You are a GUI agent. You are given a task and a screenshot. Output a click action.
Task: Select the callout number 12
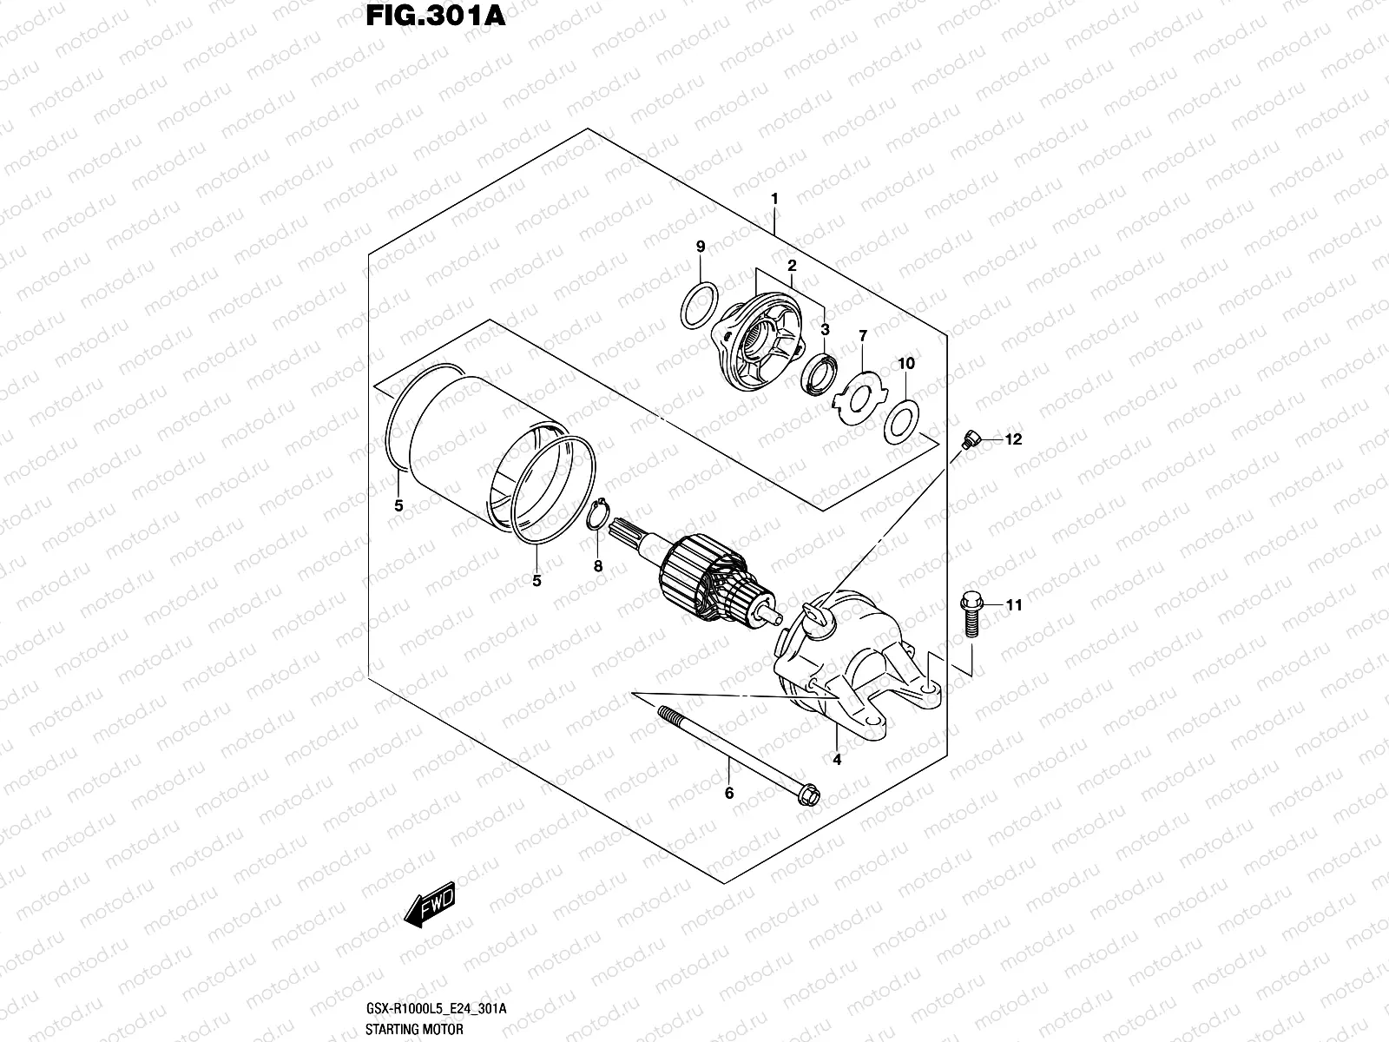(x=1014, y=440)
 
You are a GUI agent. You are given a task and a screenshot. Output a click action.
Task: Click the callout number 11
(x=1014, y=605)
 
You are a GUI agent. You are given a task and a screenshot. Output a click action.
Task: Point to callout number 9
(x=701, y=248)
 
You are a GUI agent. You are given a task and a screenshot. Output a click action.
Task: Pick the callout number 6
(x=729, y=793)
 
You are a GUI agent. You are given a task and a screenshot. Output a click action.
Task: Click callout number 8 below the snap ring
(x=597, y=566)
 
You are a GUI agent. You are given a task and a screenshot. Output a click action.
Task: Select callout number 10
(x=905, y=364)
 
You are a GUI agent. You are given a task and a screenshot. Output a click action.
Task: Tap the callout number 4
(x=837, y=760)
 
